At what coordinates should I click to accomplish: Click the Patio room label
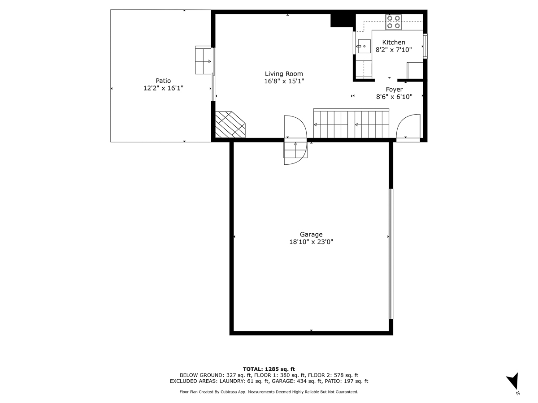click(163, 81)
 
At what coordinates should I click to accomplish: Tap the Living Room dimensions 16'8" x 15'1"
click(284, 81)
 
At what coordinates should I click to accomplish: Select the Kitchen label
click(393, 42)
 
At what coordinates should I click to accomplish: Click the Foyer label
click(394, 89)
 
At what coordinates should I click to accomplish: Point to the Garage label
click(311, 234)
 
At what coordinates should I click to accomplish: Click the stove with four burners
click(394, 22)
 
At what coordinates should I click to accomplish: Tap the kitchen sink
click(364, 46)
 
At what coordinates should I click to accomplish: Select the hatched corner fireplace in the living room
click(230, 125)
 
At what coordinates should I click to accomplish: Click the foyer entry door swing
click(408, 127)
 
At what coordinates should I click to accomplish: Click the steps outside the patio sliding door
click(204, 60)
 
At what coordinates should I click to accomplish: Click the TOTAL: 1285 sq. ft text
click(269, 369)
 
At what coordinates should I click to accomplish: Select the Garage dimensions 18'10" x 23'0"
click(311, 242)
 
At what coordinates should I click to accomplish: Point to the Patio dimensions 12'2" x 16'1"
click(163, 88)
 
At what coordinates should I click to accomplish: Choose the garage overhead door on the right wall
click(390, 253)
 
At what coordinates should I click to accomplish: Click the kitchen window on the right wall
click(425, 46)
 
